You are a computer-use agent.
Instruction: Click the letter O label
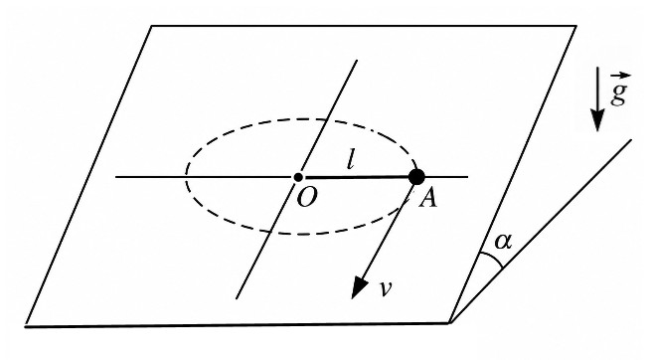(307, 198)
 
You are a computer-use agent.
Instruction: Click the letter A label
(427, 198)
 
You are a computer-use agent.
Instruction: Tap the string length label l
(351, 160)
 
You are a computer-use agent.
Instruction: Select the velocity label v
(385, 288)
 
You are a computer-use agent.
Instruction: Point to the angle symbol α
(503, 242)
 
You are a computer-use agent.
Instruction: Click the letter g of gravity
(617, 94)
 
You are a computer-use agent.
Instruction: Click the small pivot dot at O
(298, 177)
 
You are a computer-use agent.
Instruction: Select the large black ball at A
(416, 177)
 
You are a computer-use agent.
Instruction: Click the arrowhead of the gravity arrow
(597, 119)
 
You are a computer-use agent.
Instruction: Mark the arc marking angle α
(492, 259)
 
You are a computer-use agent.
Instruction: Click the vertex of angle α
(450, 322)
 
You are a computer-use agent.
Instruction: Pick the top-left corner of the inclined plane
(151, 26)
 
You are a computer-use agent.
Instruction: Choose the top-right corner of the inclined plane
(575, 26)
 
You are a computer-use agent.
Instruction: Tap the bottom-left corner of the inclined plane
(26, 326)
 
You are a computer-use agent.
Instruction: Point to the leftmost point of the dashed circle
(186, 177)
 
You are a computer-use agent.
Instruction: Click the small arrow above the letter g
(620, 77)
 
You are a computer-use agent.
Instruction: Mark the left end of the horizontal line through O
(115, 177)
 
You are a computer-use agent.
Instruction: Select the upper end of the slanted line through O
(357, 61)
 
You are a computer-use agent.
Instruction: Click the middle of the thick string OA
(357, 177)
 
